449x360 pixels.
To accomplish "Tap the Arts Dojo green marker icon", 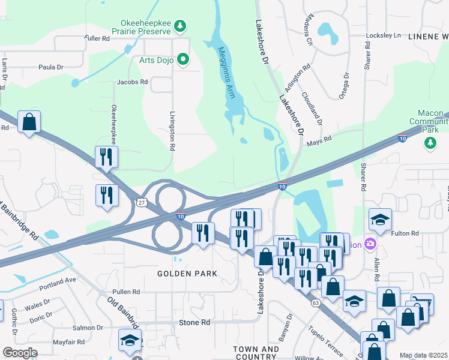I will tap(184, 58).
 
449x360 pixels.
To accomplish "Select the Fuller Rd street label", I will tap(97, 38).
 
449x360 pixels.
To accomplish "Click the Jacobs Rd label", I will tap(132, 82).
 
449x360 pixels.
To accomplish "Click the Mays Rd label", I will tap(320, 139).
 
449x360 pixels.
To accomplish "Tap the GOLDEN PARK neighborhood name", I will tap(187, 274).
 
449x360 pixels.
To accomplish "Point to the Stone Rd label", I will tap(194, 322).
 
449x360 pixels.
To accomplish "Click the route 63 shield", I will tap(315, 303).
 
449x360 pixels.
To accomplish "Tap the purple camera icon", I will tap(370, 244).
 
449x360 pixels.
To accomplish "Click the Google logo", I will tap(20, 352).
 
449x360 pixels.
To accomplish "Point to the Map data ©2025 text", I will tap(423, 355).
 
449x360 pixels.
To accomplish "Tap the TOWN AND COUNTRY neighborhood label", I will tap(256, 353).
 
